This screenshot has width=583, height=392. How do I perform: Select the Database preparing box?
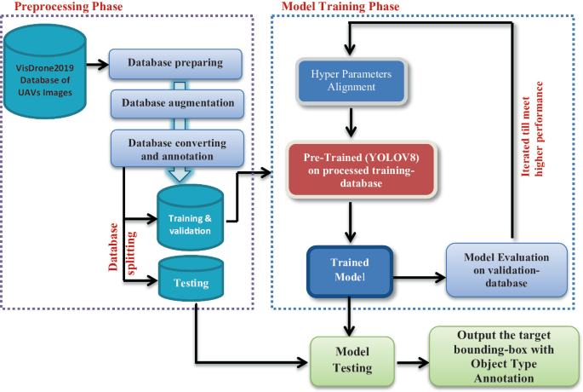click(175, 63)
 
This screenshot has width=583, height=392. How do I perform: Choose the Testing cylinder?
click(191, 281)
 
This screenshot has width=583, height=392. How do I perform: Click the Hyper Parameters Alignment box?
click(350, 79)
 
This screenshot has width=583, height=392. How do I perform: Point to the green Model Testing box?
click(351, 360)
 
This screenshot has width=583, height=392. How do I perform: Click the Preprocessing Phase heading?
click(63, 7)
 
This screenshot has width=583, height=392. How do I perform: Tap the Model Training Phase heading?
click(335, 7)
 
